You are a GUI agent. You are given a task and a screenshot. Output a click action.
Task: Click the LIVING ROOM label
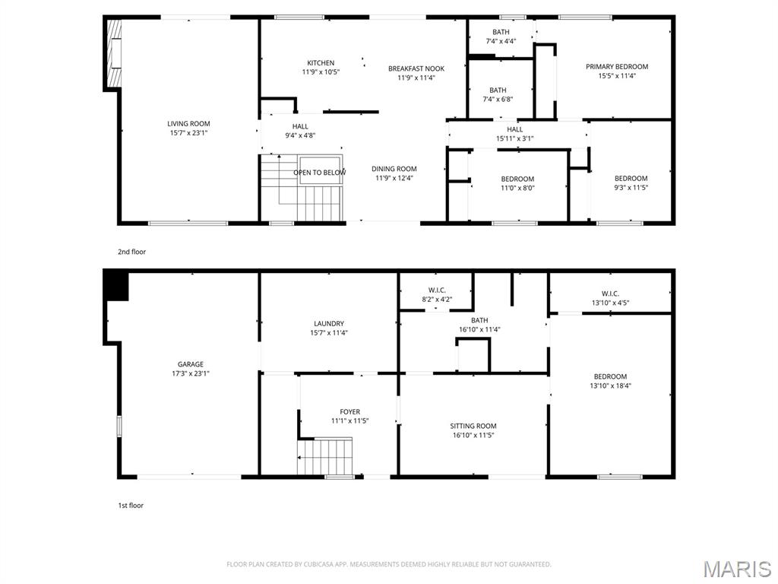coord(189,124)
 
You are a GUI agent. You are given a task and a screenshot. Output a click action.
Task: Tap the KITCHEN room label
coord(321,63)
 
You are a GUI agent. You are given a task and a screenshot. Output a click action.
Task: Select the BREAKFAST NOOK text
coord(416,68)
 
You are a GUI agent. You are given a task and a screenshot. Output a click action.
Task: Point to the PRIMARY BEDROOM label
coord(617,67)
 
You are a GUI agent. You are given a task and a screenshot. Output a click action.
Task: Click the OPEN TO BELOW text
coord(320,173)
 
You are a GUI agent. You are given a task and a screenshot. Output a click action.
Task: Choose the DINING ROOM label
coord(394,169)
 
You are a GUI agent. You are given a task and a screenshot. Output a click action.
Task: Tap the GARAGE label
coord(191,364)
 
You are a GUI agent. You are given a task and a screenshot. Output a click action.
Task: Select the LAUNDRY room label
coord(329,323)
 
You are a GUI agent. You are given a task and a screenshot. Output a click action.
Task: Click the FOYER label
coord(350,411)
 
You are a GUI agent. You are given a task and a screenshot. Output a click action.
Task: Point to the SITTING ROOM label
coord(473,426)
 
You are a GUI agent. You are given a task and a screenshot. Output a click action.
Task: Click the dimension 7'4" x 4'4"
coord(500,41)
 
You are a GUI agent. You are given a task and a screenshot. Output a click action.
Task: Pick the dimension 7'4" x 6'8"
coord(498,100)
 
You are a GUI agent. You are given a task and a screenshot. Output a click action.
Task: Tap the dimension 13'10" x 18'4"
coord(611,386)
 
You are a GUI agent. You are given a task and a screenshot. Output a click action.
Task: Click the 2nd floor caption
coord(132,252)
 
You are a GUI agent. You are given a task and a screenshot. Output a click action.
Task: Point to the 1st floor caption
coord(131,505)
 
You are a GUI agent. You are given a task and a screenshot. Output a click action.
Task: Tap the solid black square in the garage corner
coord(116,287)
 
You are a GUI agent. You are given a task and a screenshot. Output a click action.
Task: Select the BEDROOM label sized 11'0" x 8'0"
coord(517,179)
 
